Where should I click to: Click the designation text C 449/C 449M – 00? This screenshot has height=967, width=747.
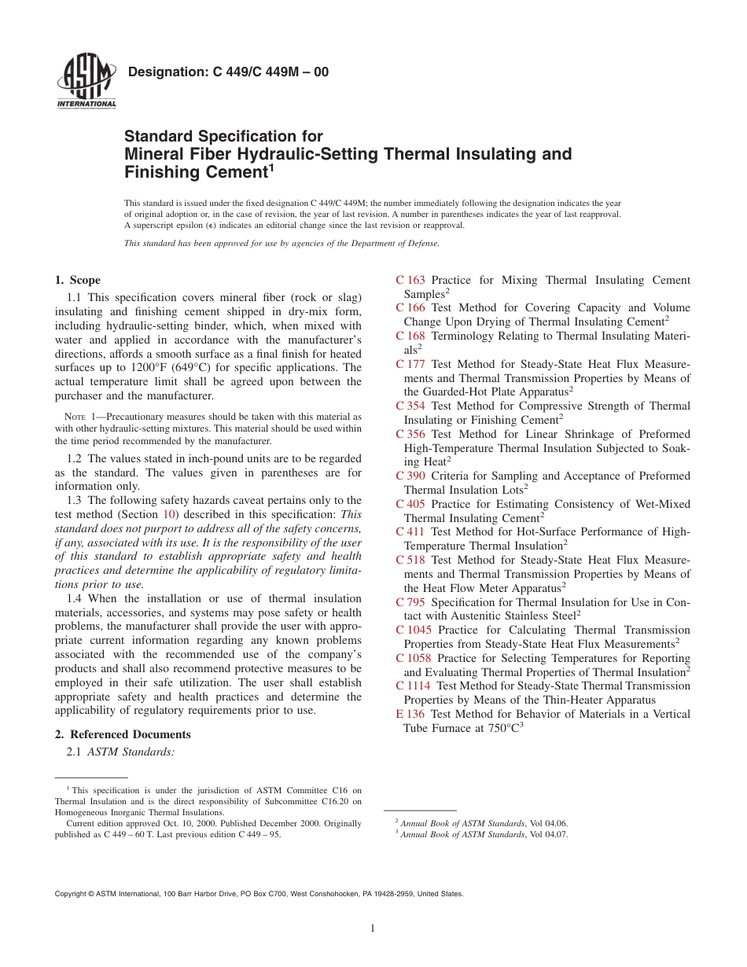(228, 72)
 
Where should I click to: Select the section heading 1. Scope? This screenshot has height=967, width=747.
(77, 280)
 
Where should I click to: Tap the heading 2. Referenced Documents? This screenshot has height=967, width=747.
(123, 734)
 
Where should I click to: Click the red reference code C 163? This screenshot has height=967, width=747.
(410, 280)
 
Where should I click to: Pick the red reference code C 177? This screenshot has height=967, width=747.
(410, 364)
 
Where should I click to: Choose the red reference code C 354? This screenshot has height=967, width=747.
(410, 406)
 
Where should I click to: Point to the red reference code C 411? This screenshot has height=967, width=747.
(410, 531)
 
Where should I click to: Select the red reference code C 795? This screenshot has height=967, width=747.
(410, 602)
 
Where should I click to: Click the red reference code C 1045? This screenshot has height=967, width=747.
(414, 630)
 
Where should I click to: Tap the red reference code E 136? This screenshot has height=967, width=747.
(410, 714)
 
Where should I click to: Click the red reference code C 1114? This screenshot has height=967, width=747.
(414, 686)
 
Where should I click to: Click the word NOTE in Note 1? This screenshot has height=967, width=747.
(73, 417)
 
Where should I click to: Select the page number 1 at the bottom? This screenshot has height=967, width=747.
(373, 928)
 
